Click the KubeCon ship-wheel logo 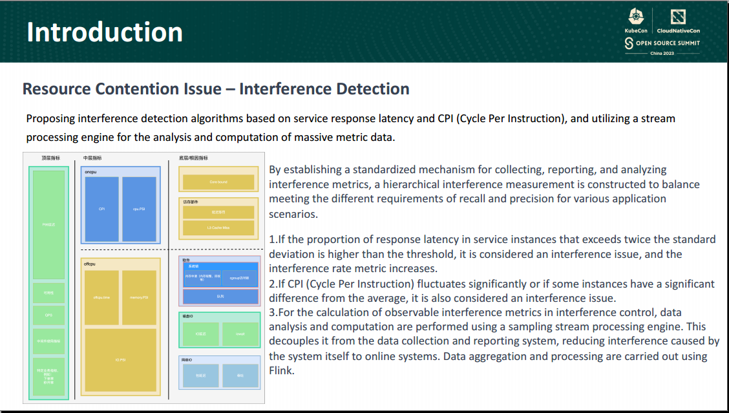(637, 17)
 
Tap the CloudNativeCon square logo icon (678, 17)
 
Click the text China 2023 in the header (662, 53)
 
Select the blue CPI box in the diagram (101, 209)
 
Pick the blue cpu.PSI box (139, 209)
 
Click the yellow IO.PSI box (120, 360)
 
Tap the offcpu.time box (101, 297)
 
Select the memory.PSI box (139, 297)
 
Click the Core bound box (218, 182)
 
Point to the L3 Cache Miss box (218, 228)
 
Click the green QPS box (48, 315)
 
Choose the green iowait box (240, 334)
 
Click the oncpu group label (91, 172)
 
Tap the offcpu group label (91, 264)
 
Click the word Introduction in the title (105, 32)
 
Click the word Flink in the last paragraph (281, 371)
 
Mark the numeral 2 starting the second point (272, 284)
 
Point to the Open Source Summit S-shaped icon (628, 43)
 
